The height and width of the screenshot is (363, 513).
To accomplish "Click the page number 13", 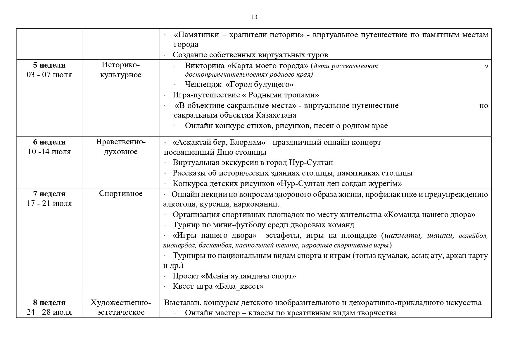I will (x=254, y=17).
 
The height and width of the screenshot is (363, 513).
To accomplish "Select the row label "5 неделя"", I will (x=49, y=65).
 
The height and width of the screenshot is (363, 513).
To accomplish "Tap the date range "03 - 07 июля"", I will (x=49, y=75).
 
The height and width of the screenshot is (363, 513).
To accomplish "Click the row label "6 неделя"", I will (x=49, y=142).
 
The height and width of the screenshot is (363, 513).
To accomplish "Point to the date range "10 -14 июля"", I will (x=49, y=152).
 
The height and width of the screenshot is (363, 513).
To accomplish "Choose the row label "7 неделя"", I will (x=49, y=194).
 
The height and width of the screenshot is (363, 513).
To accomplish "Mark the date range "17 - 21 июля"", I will (x=49, y=203).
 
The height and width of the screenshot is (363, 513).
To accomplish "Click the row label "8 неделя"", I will (x=49, y=302).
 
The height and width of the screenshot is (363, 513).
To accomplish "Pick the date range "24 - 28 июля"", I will (x=49, y=312).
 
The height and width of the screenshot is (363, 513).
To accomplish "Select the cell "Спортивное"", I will (x=121, y=194).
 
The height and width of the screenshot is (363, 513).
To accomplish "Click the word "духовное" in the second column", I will (x=121, y=152).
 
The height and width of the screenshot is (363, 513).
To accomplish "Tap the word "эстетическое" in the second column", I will (x=121, y=312).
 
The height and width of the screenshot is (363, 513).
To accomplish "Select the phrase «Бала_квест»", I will (x=239, y=286).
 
